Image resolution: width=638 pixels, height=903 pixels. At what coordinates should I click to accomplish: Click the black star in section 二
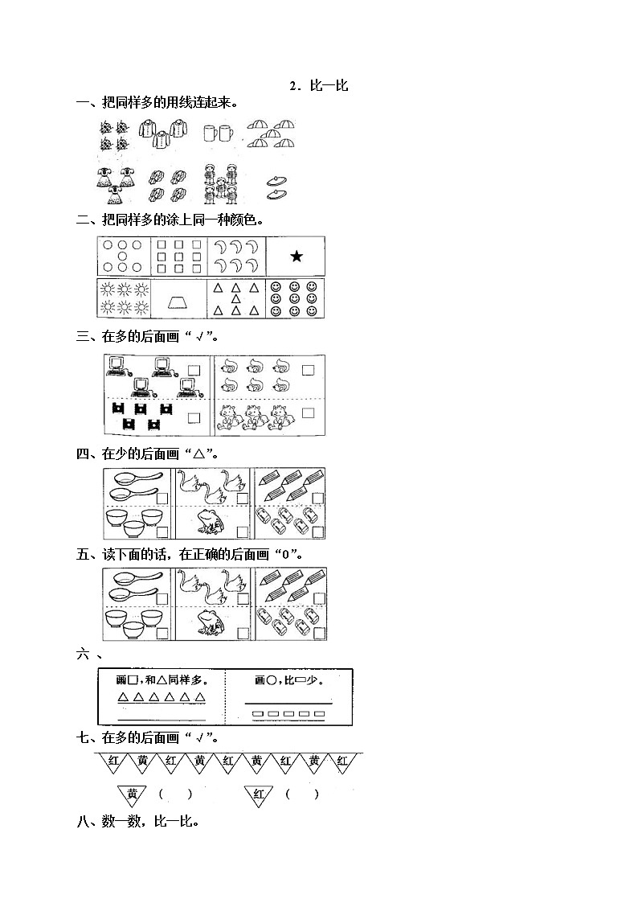(x=297, y=257)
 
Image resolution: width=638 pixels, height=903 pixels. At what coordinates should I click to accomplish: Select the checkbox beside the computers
(x=194, y=371)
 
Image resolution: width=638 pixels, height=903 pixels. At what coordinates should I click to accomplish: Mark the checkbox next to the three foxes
(x=308, y=413)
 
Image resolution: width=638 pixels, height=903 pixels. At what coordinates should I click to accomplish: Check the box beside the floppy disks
(x=194, y=417)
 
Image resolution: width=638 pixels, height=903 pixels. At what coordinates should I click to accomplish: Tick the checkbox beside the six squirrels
(x=308, y=370)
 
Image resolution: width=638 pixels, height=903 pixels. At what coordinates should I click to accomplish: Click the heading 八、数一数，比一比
(x=137, y=822)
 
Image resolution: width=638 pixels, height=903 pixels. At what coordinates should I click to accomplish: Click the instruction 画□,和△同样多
(x=161, y=681)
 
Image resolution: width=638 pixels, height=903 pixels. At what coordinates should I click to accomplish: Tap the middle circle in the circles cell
(x=121, y=257)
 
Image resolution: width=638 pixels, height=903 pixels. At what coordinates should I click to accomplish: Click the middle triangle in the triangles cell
(x=235, y=298)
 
